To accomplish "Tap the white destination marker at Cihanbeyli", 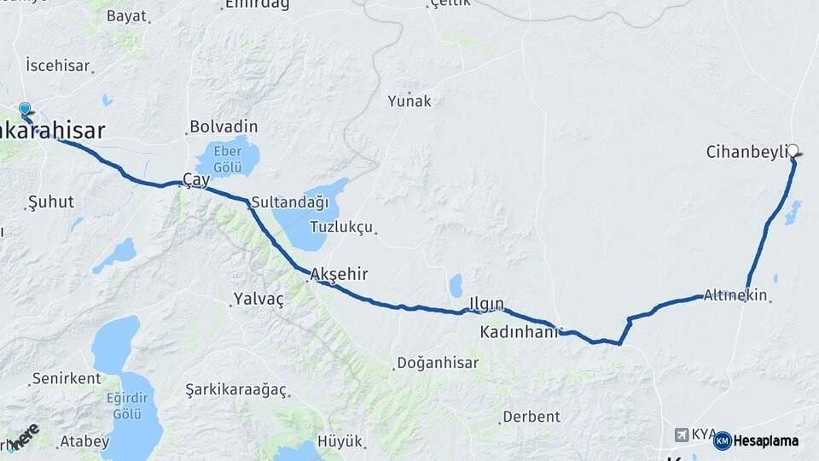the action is pyautogui.click(x=793, y=151).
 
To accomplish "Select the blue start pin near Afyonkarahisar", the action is pyautogui.click(x=25, y=110).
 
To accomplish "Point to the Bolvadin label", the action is pyautogui.click(x=224, y=126).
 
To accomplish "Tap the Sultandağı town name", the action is pyautogui.click(x=290, y=203).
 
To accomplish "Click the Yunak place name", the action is pyautogui.click(x=409, y=101).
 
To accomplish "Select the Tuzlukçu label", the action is pyautogui.click(x=341, y=227).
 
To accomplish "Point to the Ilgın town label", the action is pyautogui.click(x=487, y=304).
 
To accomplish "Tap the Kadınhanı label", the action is pyautogui.click(x=519, y=331).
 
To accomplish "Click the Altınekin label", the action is pyautogui.click(x=735, y=295).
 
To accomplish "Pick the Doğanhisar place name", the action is pyautogui.click(x=439, y=364).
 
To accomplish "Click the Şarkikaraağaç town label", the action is pyautogui.click(x=235, y=390).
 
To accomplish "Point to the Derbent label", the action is pyautogui.click(x=531, y=417).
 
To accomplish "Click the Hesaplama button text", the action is pyautogui.click(x=766, y=441).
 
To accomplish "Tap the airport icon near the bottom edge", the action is pyautogui.click(x=681, y=435).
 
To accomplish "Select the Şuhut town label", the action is pyautogui.click(x=51, y=202).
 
